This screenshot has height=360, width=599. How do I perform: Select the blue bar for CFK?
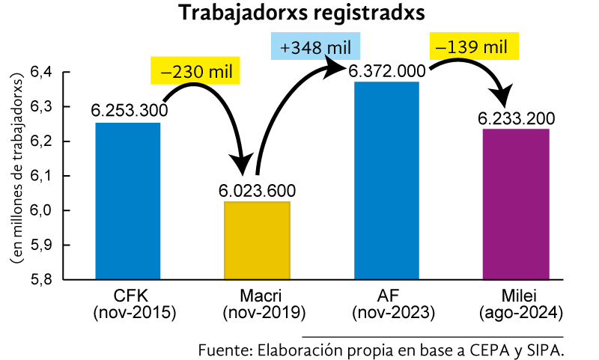click(128, 201)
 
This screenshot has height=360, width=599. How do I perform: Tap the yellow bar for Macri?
click(257, 240)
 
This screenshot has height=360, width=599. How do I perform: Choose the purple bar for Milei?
click(516, 204)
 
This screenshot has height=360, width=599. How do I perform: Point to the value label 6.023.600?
click(258, 190)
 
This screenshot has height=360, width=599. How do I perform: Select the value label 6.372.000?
click(386, 70)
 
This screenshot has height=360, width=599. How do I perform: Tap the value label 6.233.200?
click(517, 118)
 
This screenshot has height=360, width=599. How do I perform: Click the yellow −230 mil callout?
click(195, 71)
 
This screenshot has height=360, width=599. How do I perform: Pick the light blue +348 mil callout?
click(315, 47)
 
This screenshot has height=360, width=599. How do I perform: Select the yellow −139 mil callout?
click(473, 46)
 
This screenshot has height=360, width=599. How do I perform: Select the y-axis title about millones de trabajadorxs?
click(16, 177)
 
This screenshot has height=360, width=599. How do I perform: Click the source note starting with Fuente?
click(380, 350)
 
